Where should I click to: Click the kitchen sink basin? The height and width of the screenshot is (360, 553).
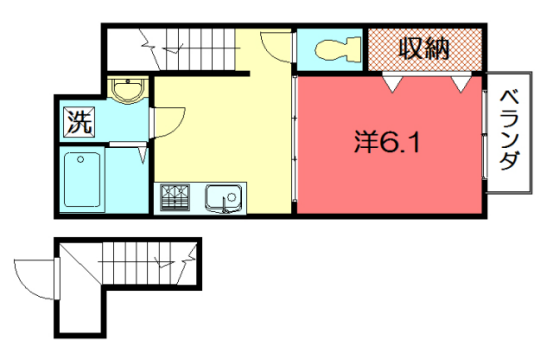tap(221, 198)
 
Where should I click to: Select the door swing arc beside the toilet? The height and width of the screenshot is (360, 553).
tap(275, 48)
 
